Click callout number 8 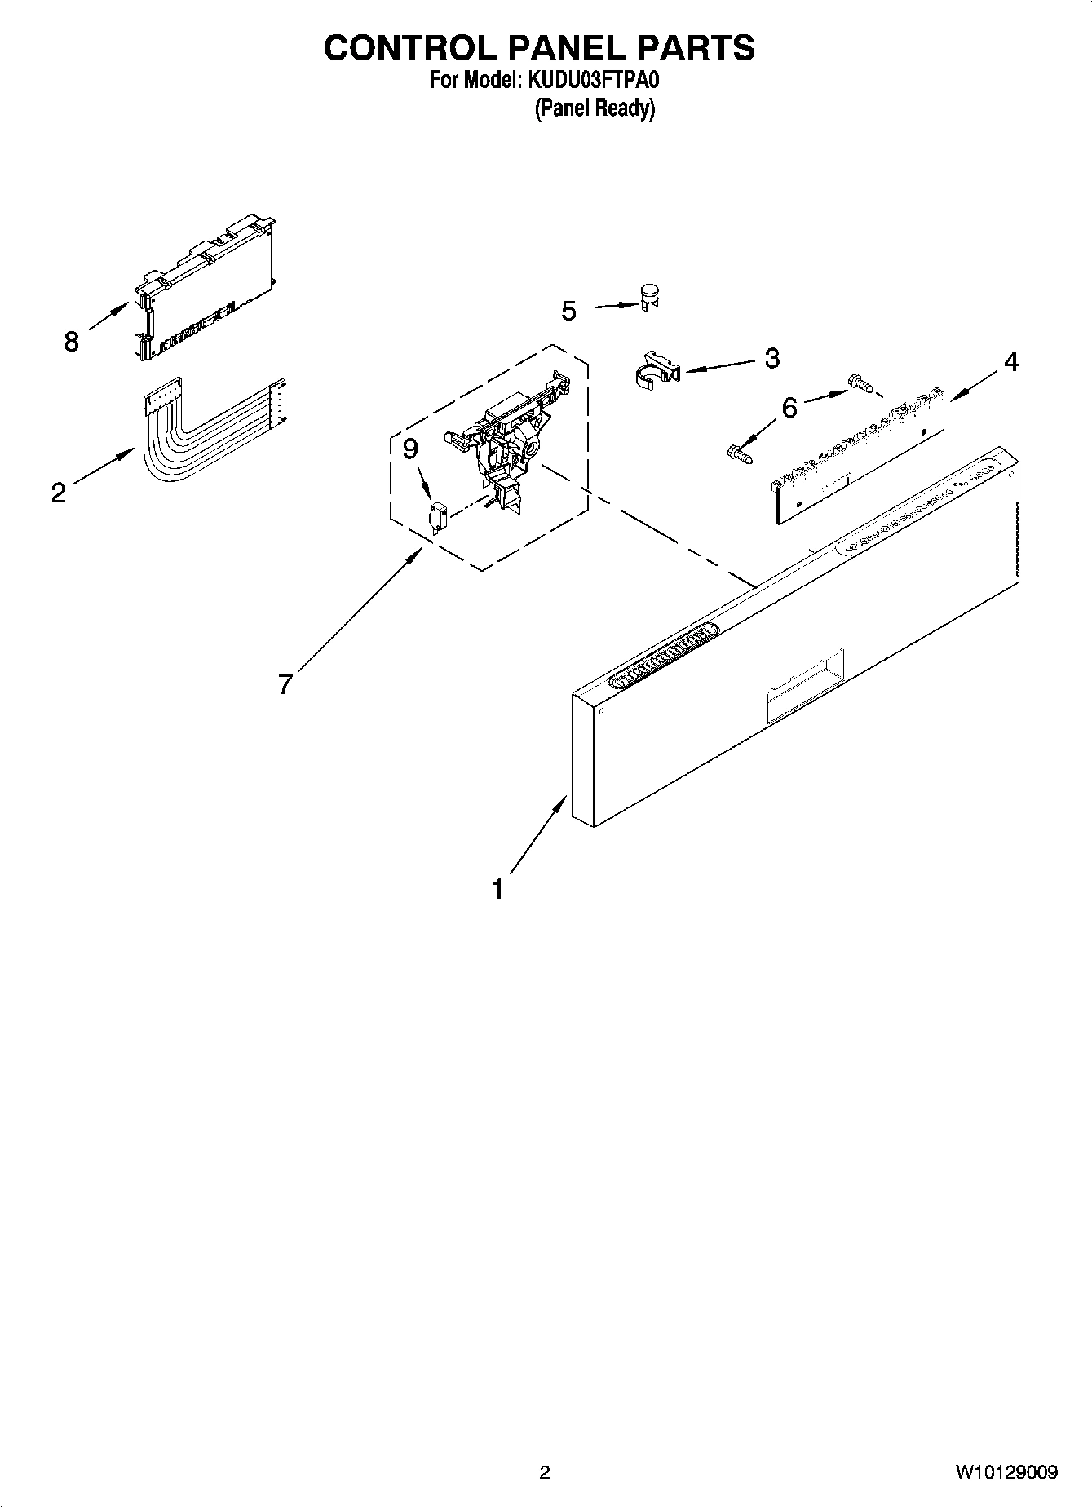pyautogui.click(x=71, y=341)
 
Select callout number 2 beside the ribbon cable pyautogui.click(x=58, y=493)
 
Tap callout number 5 pyautogui.click(x=568, y=311)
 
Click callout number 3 pyautogui.click(x=771, y=357)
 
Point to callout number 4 pyautogui.click(x=1010, y=361)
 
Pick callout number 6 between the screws pyautogui.click(x=789, y=407)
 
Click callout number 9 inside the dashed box pyautogui.click(x=410, y=449)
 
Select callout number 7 pyautogui.click(x=285, y=683)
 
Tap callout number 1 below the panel pyautogui.click(x=497, y=889)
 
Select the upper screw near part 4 pyautogui.click(x=860, y=382)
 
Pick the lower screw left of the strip pyautogui.click(x=739, y=451)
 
